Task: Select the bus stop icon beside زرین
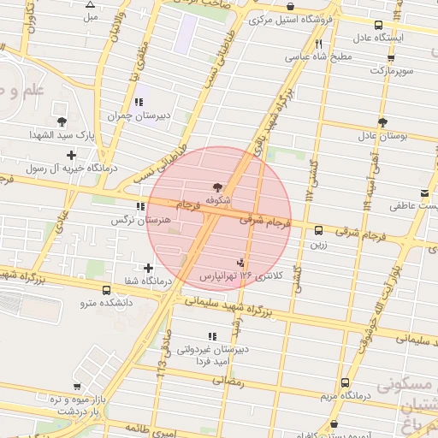318,230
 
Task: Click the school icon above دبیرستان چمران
139,102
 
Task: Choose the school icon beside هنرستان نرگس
141,207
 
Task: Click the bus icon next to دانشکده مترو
105,290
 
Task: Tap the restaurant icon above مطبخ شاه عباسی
318,44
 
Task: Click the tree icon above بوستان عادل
382,122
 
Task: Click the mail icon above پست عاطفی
425,192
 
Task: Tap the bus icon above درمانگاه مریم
345,382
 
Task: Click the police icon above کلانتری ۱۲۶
240,263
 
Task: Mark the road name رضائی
227,382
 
